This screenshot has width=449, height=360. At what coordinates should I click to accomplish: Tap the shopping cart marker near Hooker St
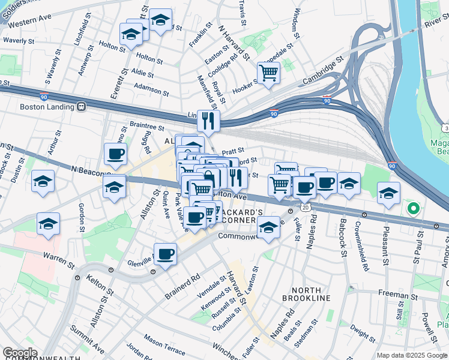click(x=268, y=74)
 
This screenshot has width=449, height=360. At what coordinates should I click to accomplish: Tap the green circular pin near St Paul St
click(x=412, y=209)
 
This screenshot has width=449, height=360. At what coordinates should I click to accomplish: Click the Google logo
click(x=20, y=353)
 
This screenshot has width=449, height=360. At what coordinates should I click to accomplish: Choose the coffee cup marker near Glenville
click(x=165, y=253)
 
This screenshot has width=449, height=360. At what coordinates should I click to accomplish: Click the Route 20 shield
click(x=306, y=207)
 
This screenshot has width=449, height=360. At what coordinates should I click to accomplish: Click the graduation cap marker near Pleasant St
click(x=388, y=193)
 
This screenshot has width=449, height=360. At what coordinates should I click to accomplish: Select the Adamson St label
click(x=151, y=90)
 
